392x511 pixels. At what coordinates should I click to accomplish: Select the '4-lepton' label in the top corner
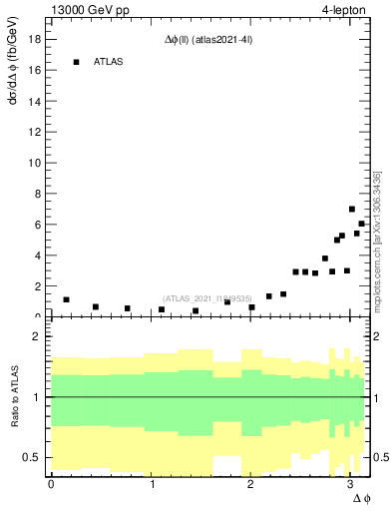[x=344, y=10]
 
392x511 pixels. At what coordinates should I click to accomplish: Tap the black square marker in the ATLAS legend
[x=76, y=62]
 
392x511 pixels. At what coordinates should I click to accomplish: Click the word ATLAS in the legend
[x=109, y=62]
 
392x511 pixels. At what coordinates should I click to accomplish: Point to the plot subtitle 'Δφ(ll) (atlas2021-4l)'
[x=206, y=41]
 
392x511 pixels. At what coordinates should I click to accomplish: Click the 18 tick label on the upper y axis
[x=33, y=39]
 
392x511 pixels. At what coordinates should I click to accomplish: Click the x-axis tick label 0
[x=51, y=483]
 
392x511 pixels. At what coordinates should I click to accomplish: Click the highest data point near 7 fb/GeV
[x=352, y=210]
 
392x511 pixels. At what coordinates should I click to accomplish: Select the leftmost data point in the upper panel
[x=66, y=299]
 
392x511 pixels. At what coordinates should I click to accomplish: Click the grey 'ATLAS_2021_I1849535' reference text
[x=205, y=297]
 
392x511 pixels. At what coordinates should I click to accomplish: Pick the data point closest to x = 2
[x=251, y=307]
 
